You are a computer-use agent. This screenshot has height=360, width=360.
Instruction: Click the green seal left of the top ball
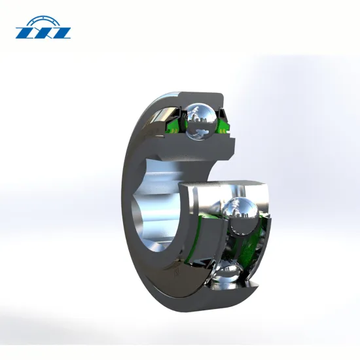click(175, 124)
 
